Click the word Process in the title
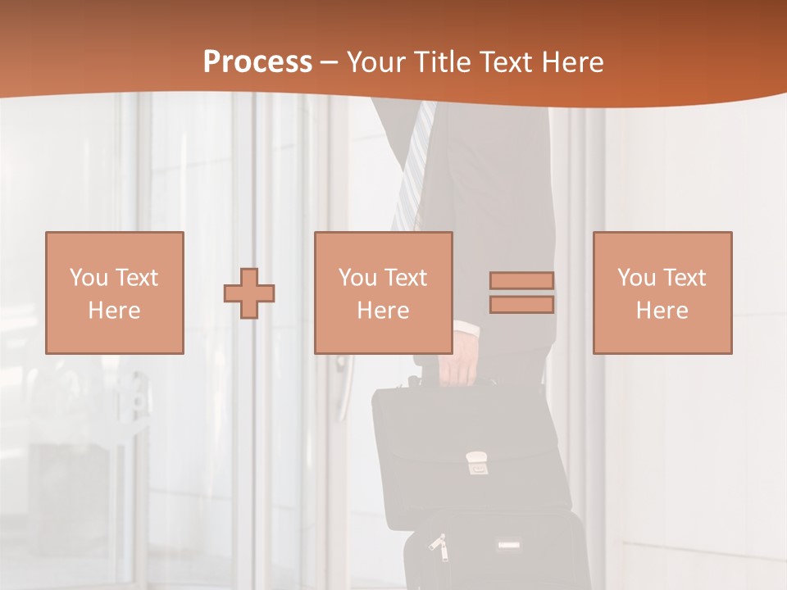click(257, 62)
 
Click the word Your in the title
click(377, 62)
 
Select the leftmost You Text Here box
click(114, 293)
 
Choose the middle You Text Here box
click(383, 293)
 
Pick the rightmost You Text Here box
click(662, 293)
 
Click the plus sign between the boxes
click(249, 293)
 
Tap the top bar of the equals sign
click(521, 280)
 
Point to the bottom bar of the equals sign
click(521, 305)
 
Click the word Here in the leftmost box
click(114, 311)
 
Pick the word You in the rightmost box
click(635, 278)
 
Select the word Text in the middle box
click(406, 278)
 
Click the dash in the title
click(329, 62)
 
